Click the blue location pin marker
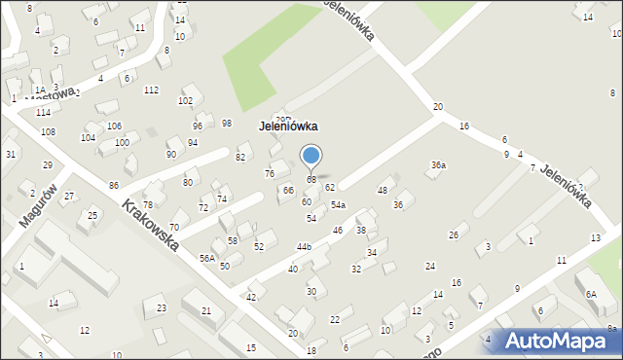[311, 156]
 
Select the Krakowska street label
[150, 226]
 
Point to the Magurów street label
[39, 205]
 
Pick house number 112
[151, 90]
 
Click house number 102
[185, 101]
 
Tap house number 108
[48, 131]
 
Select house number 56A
[207, 258]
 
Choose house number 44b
[304, 247]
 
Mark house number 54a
[338, 205]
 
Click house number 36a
[439, 165]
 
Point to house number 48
[384, 190]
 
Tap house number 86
[114, 185]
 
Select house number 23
[161, 308]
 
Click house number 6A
[590, 294]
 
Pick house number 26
[453, 235]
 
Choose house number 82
[240, 157]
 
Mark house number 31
[10, 155]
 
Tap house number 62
[330, 187]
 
